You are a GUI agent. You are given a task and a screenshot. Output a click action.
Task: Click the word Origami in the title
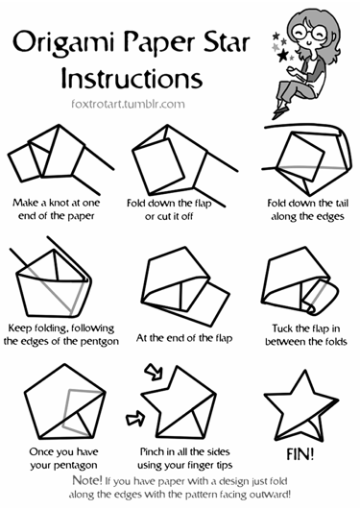(63, 43)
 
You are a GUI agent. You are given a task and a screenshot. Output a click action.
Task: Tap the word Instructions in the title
(132, 78)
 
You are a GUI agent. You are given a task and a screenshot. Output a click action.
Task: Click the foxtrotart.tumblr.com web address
(128, 104)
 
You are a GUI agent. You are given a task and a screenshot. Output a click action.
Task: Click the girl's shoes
(280, 109)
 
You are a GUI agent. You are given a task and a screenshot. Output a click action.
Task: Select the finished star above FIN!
(300, 406)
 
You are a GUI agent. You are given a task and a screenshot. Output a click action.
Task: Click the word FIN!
(300, 454)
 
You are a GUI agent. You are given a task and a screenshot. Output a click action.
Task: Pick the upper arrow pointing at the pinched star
(155, 372)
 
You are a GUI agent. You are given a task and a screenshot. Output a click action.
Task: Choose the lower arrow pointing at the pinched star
(135, 418)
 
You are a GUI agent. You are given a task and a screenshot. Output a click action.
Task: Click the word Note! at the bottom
(87, 480)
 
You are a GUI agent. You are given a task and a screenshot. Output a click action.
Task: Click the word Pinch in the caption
(152, 451)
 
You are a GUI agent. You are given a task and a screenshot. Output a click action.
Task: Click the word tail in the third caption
(341, 204)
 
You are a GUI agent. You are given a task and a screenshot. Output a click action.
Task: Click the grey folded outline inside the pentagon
(67, 410)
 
